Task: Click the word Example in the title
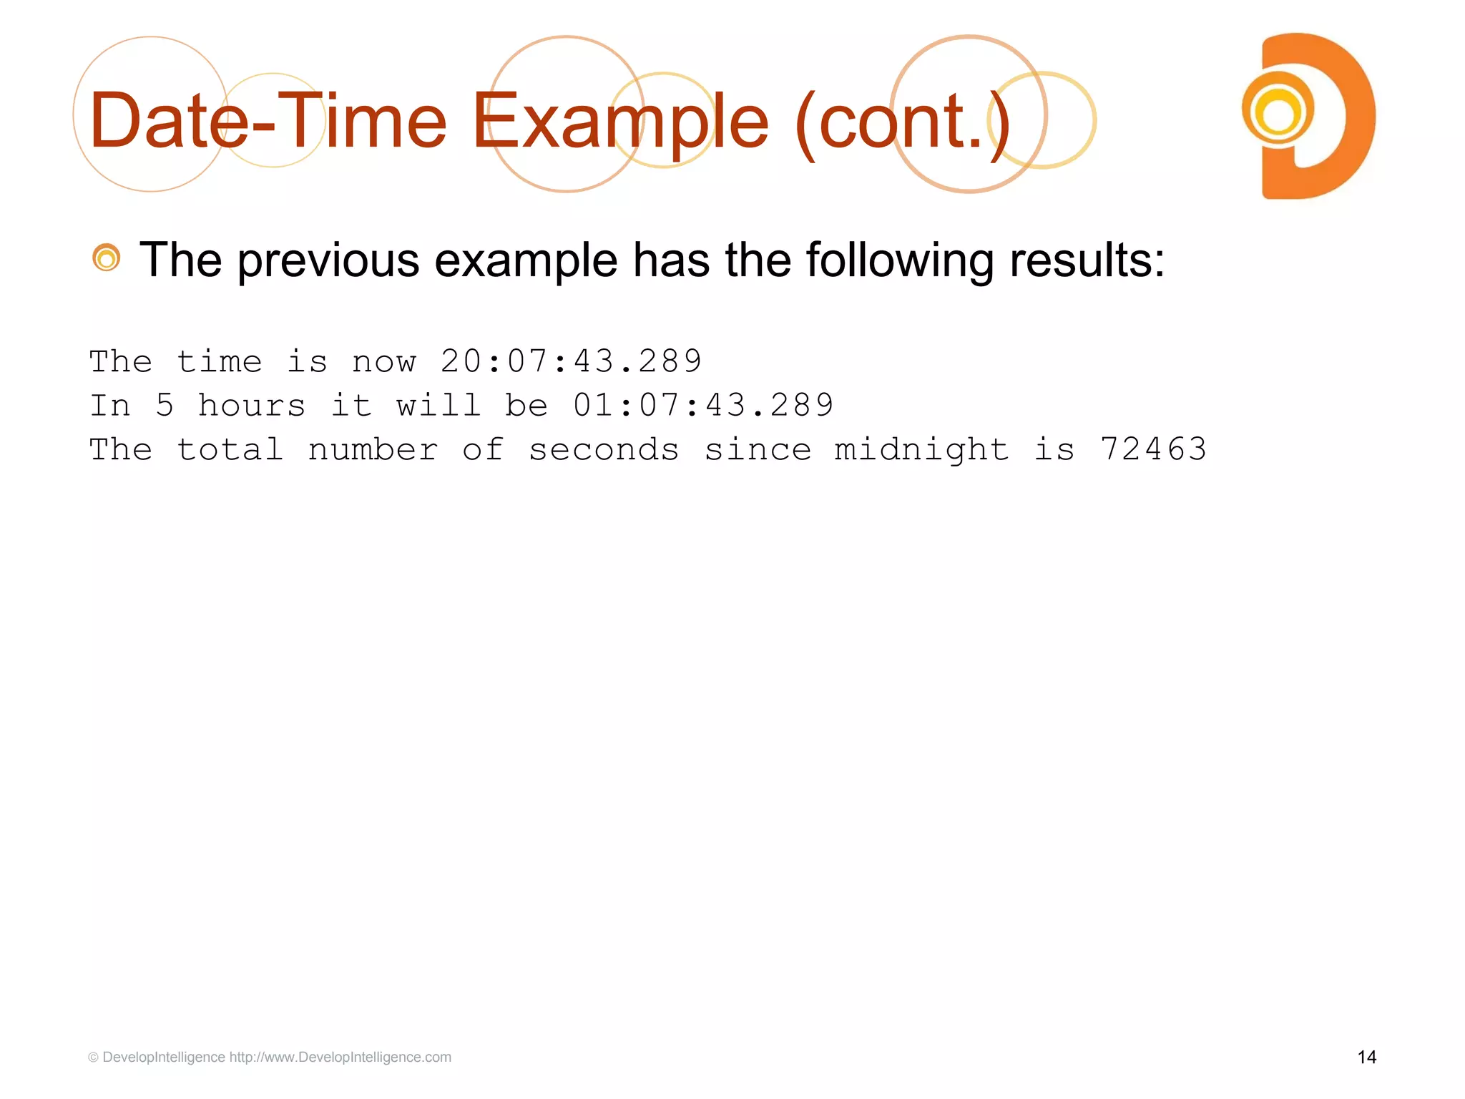[619, 122]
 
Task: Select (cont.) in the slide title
[903, 122]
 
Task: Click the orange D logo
[1308, 116]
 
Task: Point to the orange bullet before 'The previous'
[107, 258]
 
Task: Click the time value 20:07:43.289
[571, 361]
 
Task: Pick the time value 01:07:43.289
[703, 406]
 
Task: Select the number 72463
[1153, 450]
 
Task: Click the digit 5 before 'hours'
[165, 406]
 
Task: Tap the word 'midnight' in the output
[921, 450]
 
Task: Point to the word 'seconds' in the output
[604, 450]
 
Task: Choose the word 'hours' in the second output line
[252, 406]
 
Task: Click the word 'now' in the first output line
[383, 361]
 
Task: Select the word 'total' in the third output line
[230, 450]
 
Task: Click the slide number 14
[1366, 1057]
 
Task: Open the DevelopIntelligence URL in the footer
[340, 1057]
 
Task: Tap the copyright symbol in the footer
[93, 1058]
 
